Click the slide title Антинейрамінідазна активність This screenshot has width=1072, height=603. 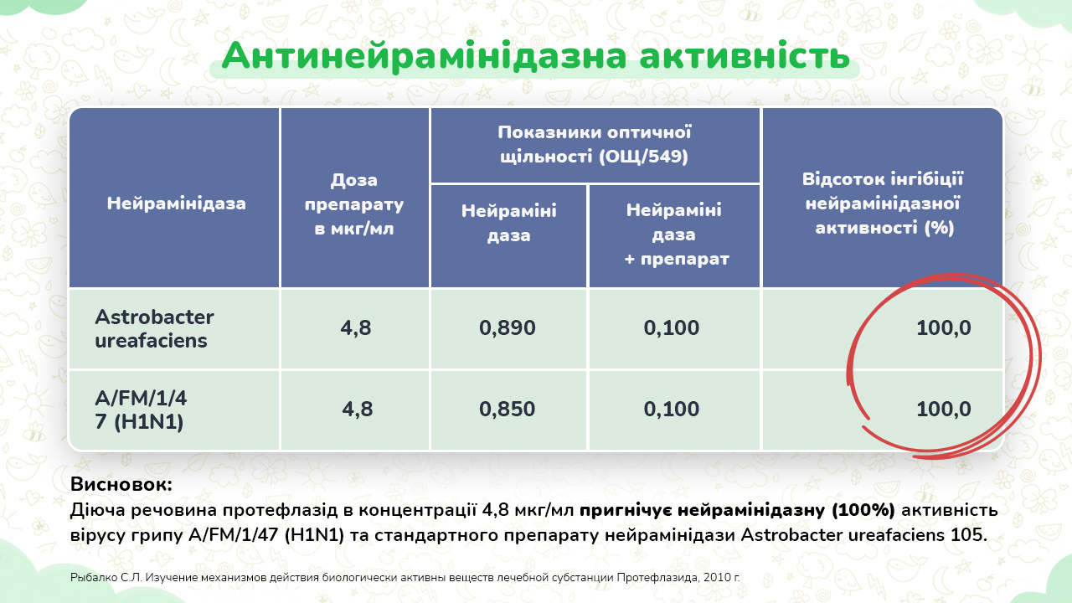535,56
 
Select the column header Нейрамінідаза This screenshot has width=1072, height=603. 176,204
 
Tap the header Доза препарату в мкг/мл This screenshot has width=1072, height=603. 354,204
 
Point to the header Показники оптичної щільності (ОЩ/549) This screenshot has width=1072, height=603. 595,145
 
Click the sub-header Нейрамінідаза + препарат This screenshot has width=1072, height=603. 675,234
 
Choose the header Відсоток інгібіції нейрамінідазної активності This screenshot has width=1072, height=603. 883,204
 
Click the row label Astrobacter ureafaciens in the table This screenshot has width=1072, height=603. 154,329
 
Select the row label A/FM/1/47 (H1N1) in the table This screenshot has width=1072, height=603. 141,410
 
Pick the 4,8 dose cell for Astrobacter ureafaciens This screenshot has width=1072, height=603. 356,328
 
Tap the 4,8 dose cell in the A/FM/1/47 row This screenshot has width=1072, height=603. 357,410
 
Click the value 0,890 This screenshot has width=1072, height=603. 508,328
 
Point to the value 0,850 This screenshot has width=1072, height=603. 508,410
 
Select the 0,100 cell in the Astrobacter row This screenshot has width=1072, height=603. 672,328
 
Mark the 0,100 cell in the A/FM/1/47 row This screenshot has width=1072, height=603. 672,410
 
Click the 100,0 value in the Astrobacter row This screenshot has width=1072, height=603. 944,328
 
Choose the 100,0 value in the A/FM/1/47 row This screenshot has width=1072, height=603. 944,410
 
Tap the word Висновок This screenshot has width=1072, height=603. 121,484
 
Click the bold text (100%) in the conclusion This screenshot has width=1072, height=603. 863,511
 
